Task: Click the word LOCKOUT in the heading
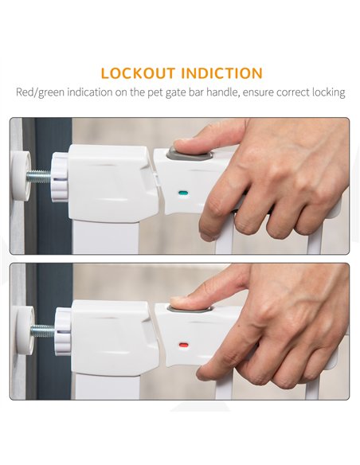[x=138, y=73]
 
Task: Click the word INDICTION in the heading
[x=221, y=73]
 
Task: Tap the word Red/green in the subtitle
[x=40, y=92]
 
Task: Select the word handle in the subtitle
[x=223, y=92]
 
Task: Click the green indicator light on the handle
[x=183, y=193]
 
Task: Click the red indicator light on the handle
[x=183, y=346]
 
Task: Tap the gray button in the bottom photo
[x=190, y=308]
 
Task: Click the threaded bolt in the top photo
[x=38, y=177]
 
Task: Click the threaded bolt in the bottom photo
[x=43, y=331]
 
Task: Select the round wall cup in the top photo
[x=21, y=176]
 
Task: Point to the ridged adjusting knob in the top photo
[x=60, y=177]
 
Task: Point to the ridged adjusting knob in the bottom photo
[x=63, y=331]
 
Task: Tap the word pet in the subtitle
[x=155, y=93]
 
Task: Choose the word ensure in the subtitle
[x=258, y=93]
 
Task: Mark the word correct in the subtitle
[x=292, y=92]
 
